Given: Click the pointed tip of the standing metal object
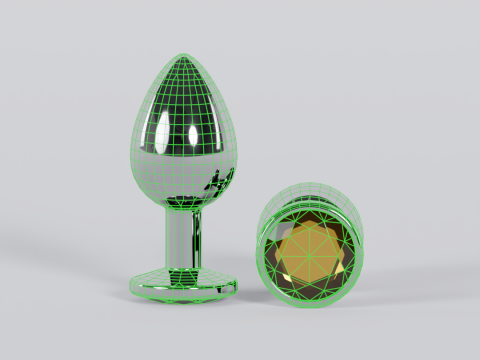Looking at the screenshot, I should point(187,55).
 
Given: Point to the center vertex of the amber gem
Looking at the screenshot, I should point(313,249).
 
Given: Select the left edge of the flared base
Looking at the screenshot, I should point(131,284).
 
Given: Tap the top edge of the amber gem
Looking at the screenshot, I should point(313,215).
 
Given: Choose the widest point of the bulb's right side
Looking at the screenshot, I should point(236,150).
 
